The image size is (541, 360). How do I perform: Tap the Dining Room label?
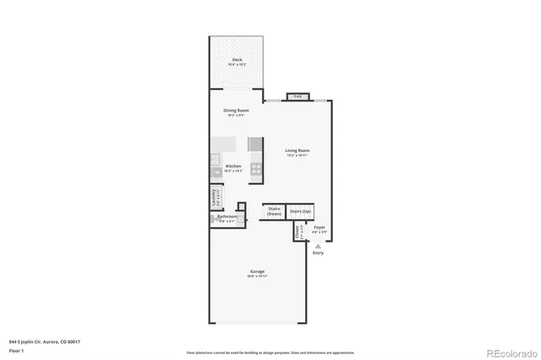tap(236, 112)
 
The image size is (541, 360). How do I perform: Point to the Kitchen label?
tap(234, 167)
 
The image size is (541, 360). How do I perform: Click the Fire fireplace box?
tap(298, 96)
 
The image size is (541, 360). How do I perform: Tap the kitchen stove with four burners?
tap(254, 168)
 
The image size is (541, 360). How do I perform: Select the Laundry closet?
tap(214, 199)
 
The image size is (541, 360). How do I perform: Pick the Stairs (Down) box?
tap(274, 211)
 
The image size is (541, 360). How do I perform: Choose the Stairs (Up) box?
tap(300, 210)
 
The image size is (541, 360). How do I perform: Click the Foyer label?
tap(320, 228)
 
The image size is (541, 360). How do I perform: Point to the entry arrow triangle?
tap(318, 246)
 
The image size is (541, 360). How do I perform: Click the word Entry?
tap(318, 253)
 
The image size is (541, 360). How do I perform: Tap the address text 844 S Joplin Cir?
tap(43, 342)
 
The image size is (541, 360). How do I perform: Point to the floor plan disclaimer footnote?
tap(270, 352)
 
